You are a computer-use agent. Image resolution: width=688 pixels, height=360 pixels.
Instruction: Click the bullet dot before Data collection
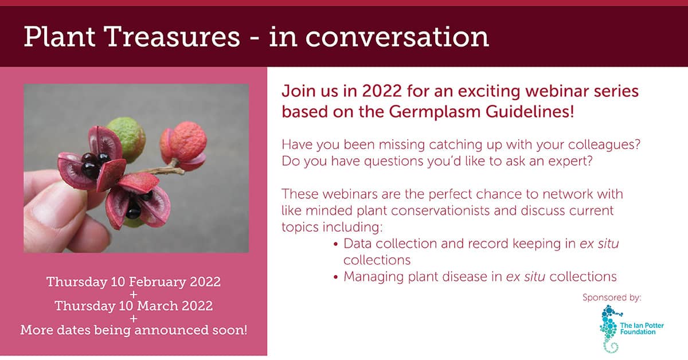click(336, 245)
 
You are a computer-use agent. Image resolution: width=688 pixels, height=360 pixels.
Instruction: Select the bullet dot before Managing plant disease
click(336, 277)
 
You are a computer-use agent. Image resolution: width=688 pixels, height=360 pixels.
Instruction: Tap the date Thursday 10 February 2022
click(134, 282)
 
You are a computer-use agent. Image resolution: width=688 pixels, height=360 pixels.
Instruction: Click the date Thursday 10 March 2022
click(134, 306)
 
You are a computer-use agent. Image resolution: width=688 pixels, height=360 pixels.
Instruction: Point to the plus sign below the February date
click(134, 295)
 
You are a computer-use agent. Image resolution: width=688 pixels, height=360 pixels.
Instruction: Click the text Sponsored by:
click(612, 298)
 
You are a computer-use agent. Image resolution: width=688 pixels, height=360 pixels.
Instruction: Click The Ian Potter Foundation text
click(642, 328)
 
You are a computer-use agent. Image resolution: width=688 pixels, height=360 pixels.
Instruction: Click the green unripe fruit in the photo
click(127, 136)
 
